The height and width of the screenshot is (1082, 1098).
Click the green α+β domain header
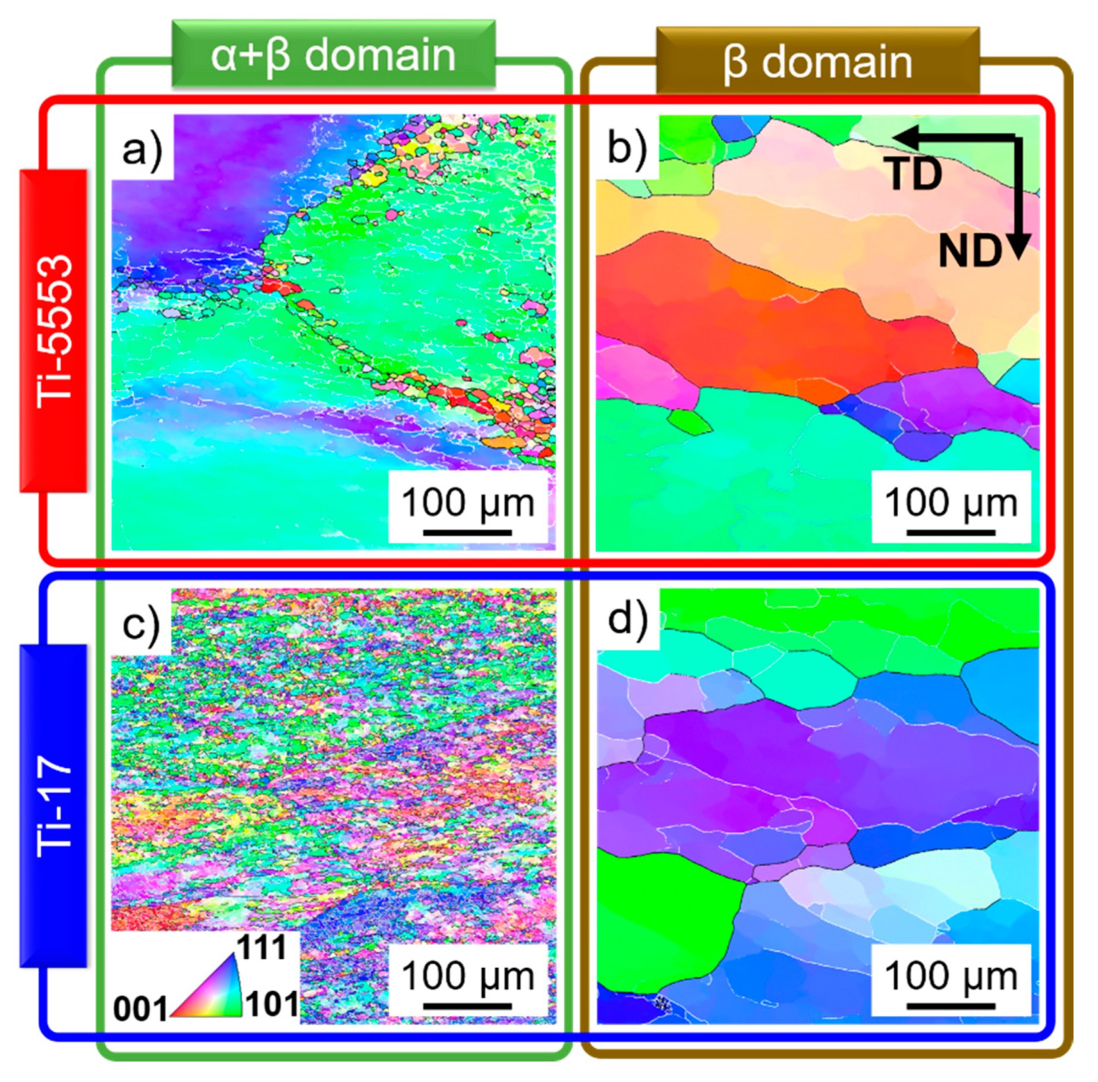tap(334, 55)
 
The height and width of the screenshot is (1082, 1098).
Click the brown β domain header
tap(817, 61)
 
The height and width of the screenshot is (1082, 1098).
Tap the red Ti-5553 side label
tap(54, 331)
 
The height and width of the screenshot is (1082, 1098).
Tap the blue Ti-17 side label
tap(54, 806)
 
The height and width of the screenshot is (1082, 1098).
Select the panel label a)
tap(142, 149)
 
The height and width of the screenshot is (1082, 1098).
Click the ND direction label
tap(970, 251)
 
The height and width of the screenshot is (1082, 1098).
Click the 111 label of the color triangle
tap(262, 946)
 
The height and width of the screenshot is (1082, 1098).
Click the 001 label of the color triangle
tap(140, 1009)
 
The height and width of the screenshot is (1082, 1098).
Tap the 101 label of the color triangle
tap(272, 1004)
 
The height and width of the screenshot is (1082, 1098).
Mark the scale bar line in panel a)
tap(467, 533)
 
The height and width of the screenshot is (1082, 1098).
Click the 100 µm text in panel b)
tap(951, 503)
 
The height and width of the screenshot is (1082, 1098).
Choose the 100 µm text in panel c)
tap(467, 977)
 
